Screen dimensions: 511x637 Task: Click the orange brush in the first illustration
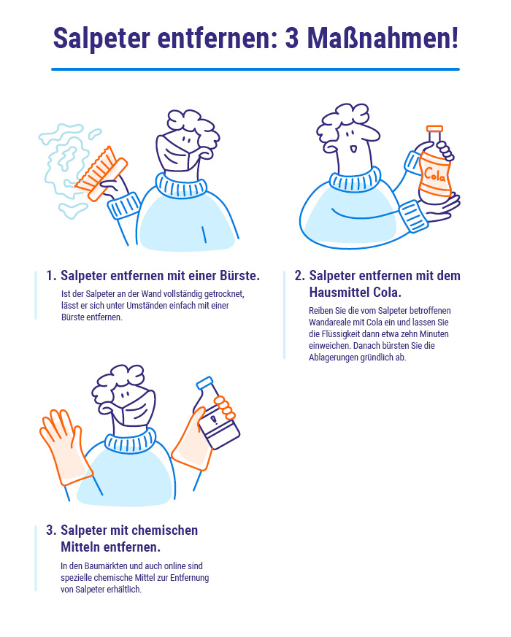click(101, 174)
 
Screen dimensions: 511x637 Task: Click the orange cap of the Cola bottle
click(434, 128)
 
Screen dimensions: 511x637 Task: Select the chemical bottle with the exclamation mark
click(216, 414)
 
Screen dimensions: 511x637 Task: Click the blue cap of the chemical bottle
click(204, 382)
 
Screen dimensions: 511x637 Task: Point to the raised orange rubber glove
click(65, 447)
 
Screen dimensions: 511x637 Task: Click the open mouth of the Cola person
click(353, 150)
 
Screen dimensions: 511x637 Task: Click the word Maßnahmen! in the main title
click(383, 38)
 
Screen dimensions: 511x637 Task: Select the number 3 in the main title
click(292, 39)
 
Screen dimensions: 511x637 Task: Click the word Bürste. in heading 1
click(240, 275)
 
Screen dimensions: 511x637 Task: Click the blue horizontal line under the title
click(255, 69)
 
